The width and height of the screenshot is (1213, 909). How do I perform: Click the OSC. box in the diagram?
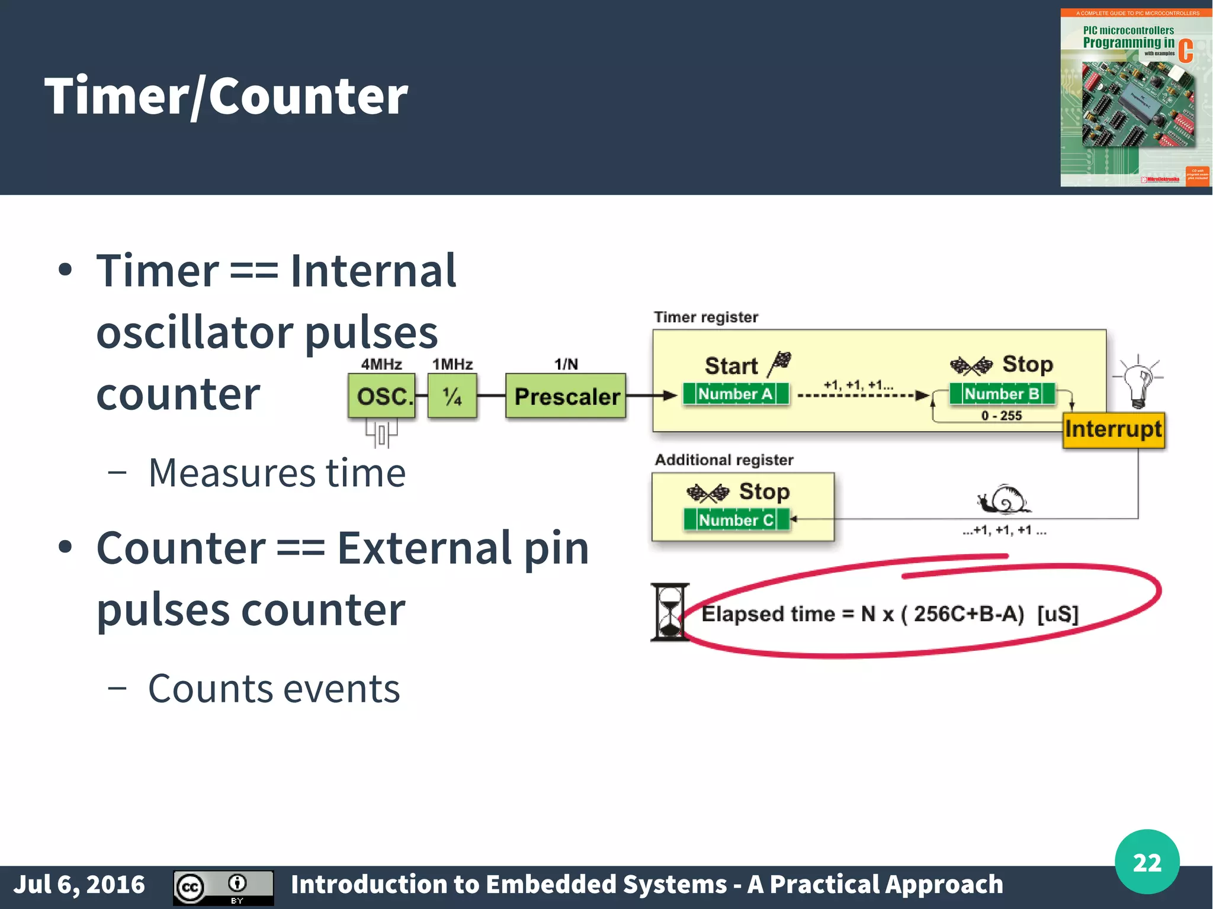tap(382, 396)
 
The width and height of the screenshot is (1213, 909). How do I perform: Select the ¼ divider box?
tap(452, 396)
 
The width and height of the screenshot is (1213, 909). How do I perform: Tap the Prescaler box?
tap(566, 396)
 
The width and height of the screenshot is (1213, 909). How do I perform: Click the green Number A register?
tap(736, 394)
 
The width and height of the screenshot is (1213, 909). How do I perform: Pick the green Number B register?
tap(1002, 394)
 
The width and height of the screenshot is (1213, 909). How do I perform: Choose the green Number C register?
tap(736, 520)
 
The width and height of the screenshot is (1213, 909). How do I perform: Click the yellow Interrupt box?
tap(1113, 429)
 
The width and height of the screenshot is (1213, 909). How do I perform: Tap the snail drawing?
tap(1004, 499)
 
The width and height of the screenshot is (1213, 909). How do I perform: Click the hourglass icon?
tap(669, 612)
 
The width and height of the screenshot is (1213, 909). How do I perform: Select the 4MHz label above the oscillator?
tap(381, 364)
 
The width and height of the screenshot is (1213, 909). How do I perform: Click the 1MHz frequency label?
tap(453, 364)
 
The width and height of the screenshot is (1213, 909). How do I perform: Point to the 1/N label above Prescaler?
tap(566, 364)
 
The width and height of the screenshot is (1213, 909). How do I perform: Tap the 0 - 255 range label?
tap(1002, 416)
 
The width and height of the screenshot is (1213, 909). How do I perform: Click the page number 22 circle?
tap(1147, 862)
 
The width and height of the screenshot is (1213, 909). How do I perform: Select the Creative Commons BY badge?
tap(223, 887)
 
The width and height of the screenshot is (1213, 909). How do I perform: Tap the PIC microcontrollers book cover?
tap(1135, 98)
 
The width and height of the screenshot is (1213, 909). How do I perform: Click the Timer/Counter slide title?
tap(226, 96)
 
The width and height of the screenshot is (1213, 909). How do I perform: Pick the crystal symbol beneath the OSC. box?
tap(381, 434)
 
